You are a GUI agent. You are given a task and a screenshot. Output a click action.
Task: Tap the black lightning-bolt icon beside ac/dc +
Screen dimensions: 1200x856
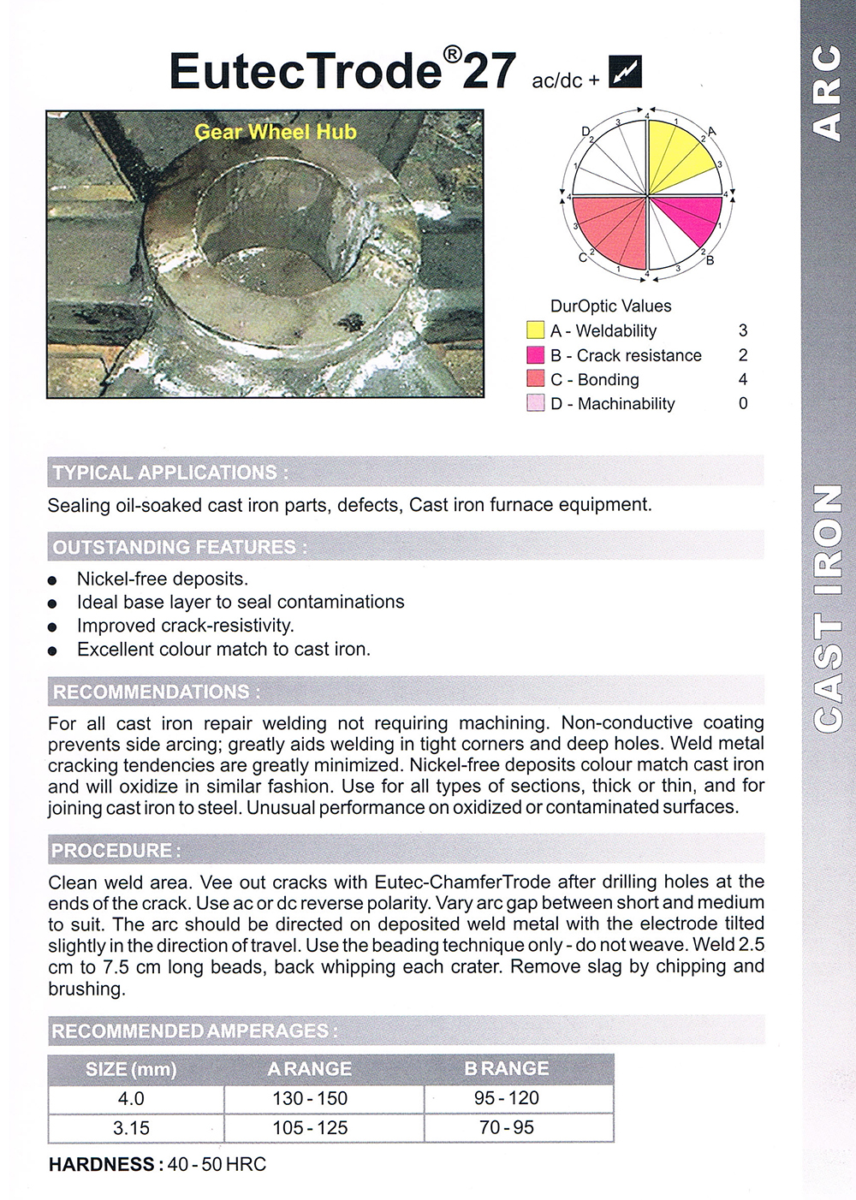point(625,72)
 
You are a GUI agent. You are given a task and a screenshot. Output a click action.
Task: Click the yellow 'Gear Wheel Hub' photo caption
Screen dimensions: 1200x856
point(275,132)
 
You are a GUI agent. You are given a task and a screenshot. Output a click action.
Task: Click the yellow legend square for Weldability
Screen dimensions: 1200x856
point(535,330)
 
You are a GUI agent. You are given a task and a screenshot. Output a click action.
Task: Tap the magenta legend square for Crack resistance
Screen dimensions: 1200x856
point(535,355)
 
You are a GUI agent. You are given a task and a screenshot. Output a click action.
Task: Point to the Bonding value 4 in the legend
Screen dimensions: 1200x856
point(742,379)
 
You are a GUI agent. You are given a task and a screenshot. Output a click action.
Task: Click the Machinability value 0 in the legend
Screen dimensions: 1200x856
point(742,403)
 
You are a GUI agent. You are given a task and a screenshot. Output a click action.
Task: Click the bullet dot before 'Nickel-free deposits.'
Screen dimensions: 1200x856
point(53,580)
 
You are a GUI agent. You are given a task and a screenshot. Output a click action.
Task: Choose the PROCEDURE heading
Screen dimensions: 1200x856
point(116,851)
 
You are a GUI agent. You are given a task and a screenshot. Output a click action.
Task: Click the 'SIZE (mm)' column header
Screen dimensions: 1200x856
point(131,1069)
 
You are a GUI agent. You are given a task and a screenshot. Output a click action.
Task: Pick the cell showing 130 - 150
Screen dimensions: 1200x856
point(310,1098)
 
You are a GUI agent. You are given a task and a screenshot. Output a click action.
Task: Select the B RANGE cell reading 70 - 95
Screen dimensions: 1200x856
point(507,1128)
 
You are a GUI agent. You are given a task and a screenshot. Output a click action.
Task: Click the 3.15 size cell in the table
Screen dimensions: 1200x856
point(131,1128)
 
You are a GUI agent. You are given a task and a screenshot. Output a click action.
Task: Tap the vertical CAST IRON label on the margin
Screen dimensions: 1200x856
point(827,608)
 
